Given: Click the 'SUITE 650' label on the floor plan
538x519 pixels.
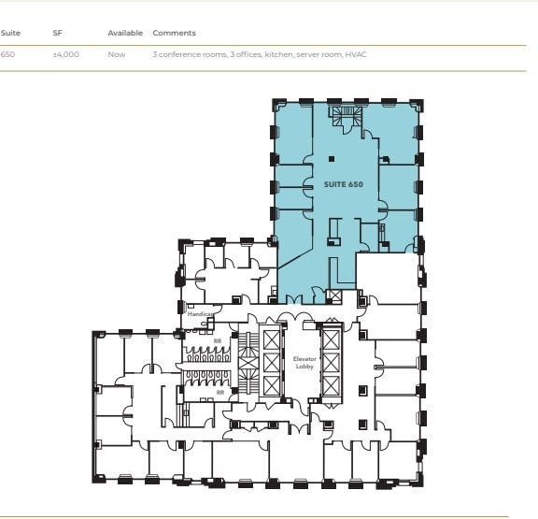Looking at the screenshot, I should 343,184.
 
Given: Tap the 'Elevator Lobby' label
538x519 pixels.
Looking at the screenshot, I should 306,363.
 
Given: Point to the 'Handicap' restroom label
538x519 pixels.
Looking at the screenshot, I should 200,314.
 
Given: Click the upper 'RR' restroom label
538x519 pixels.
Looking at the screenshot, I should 219,341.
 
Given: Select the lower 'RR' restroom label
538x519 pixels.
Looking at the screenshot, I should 220,392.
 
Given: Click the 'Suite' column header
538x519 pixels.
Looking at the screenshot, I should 10,33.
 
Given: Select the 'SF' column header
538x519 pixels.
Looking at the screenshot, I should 58,33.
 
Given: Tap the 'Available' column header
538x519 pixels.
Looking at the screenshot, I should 125,33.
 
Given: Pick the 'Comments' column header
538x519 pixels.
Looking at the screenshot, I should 174,33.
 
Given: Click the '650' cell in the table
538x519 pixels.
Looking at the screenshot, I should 8,55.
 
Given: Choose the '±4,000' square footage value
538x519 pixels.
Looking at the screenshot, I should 66,55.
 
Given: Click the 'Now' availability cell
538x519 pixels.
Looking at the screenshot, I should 116,55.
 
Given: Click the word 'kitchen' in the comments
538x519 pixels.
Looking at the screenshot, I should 279,55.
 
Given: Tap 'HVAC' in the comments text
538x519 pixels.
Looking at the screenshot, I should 356,55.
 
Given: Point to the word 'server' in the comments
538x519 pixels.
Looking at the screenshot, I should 308,55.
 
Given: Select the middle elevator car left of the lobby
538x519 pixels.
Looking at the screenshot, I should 271,362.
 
